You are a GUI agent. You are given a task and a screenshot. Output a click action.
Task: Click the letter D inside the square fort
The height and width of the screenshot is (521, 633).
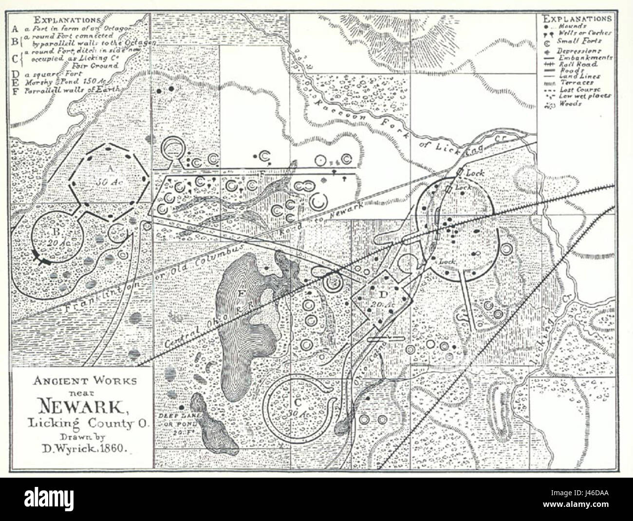tap(383, 294)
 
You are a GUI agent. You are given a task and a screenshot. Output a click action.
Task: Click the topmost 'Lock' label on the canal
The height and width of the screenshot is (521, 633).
tap(473, 173)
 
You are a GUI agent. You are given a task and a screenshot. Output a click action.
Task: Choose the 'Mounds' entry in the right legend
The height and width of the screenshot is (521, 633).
tap(573, 26)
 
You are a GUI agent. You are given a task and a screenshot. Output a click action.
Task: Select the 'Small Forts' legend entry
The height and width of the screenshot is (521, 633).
tap(575, 41)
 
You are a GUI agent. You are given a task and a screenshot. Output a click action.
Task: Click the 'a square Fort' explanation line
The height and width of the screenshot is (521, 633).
tap(51, 74)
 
